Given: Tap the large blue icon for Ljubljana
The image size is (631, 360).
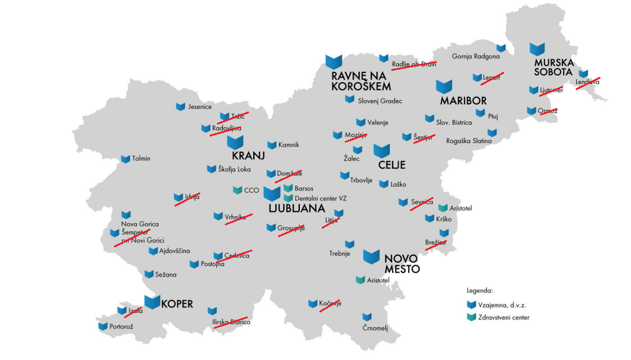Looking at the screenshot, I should point(272,193).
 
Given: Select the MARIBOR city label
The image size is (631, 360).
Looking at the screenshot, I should point(463,101).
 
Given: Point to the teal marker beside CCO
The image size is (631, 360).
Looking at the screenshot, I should point(237,190).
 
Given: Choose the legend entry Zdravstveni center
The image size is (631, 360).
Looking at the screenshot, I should point(503,318).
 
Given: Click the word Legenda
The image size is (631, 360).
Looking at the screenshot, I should point(480,291).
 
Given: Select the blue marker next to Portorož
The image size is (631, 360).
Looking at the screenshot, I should point(103,326).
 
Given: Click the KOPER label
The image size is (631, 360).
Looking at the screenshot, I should point(177,304).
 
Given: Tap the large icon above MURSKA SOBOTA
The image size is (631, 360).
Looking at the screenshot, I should point(536,49).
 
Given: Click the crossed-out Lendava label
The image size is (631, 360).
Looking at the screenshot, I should point(587,83).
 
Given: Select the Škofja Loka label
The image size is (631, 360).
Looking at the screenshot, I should point(234,169).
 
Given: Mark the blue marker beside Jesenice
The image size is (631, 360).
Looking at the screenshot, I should point(180,107).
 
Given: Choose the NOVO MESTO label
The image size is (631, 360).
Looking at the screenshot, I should point(402,263).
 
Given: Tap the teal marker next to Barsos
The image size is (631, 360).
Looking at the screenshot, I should point(288,189).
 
